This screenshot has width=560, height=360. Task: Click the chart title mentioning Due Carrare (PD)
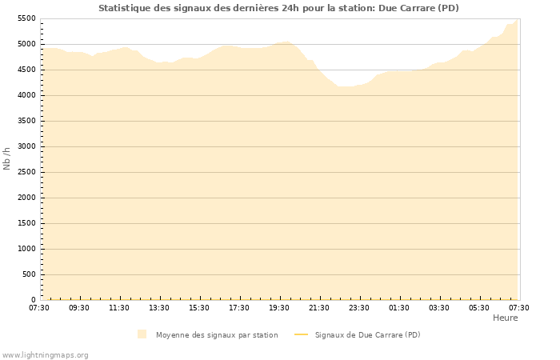pyautogui.click(x=278, y=8)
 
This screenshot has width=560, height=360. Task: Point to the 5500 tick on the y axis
pyautogui.click(x=26, y=18)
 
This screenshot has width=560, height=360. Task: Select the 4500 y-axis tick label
pyautogui.click(x=26, y=70)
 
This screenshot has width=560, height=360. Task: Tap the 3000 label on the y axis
pyautogui.click(x=26, y=146)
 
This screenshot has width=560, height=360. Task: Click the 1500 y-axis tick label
pyautogui.click(x=26, y=223)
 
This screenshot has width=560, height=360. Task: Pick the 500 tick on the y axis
pyautogui.click(x=29, y=274)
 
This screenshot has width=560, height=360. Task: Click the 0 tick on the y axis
pyautogui.click(x=34, y=300)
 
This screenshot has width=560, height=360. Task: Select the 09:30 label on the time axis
pyautogui.click(x=79, y=308)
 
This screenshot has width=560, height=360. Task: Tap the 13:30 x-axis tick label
pyautogui.click(x=159, y=308)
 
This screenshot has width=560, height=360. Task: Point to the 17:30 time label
pyautogui.click(x=239, y=308)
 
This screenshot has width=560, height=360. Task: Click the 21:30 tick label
pyautogui.click(x=319, y=308)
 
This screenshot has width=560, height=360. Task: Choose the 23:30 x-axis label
pyautogui.click(x=359, y=308)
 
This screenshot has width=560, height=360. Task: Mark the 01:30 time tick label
pyautogui.click(x=399, y=308)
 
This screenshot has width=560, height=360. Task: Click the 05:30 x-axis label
pyautogui.click(x=479, y=308)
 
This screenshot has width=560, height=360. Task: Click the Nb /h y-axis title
pyautogui.click(x=7, y=158)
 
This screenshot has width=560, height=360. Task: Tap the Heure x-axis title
pyautogui.click(x=505, y=318)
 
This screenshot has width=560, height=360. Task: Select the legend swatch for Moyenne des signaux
pyautogui.click(x=142, y=334)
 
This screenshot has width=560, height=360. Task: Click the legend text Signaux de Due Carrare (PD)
pyautogui.click(x=367, y=335)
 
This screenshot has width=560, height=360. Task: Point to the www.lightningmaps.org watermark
pyautogui.click(x=45, y=354)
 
